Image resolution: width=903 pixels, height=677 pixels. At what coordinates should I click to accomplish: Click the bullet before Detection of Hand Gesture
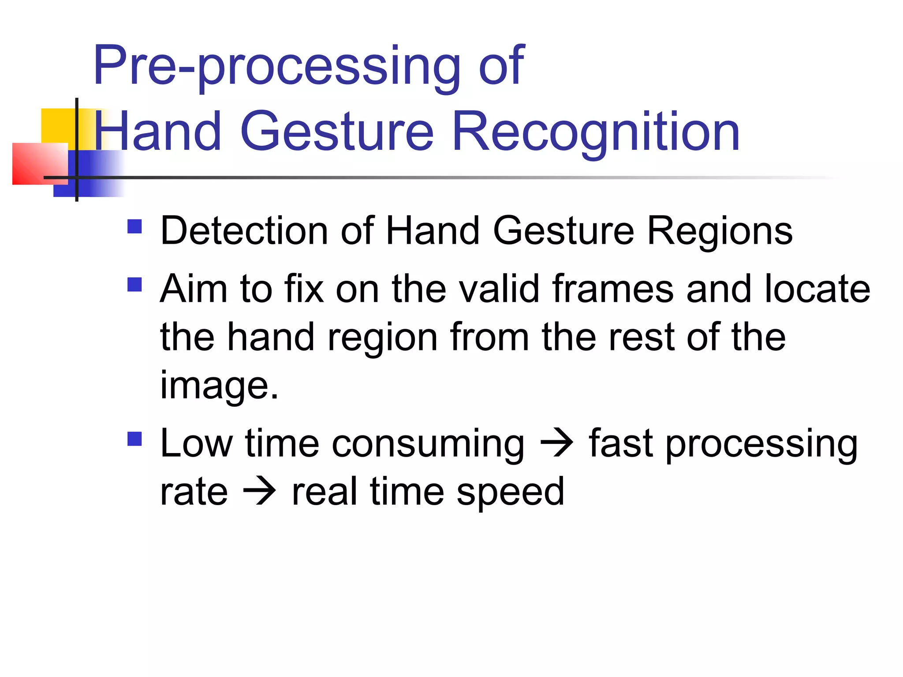(x=134, y=227)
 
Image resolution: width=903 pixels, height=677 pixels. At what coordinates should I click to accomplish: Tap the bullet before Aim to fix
(x=134, y=285)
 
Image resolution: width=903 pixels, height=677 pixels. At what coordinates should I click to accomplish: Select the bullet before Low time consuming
(x=134, y=439)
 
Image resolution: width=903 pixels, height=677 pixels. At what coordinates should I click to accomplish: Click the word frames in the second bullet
(x=613, y=289)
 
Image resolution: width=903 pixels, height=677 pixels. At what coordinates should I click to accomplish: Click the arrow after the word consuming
(x=556, y=443)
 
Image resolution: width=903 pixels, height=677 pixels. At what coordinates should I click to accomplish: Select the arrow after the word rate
(x=260, y=492)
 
